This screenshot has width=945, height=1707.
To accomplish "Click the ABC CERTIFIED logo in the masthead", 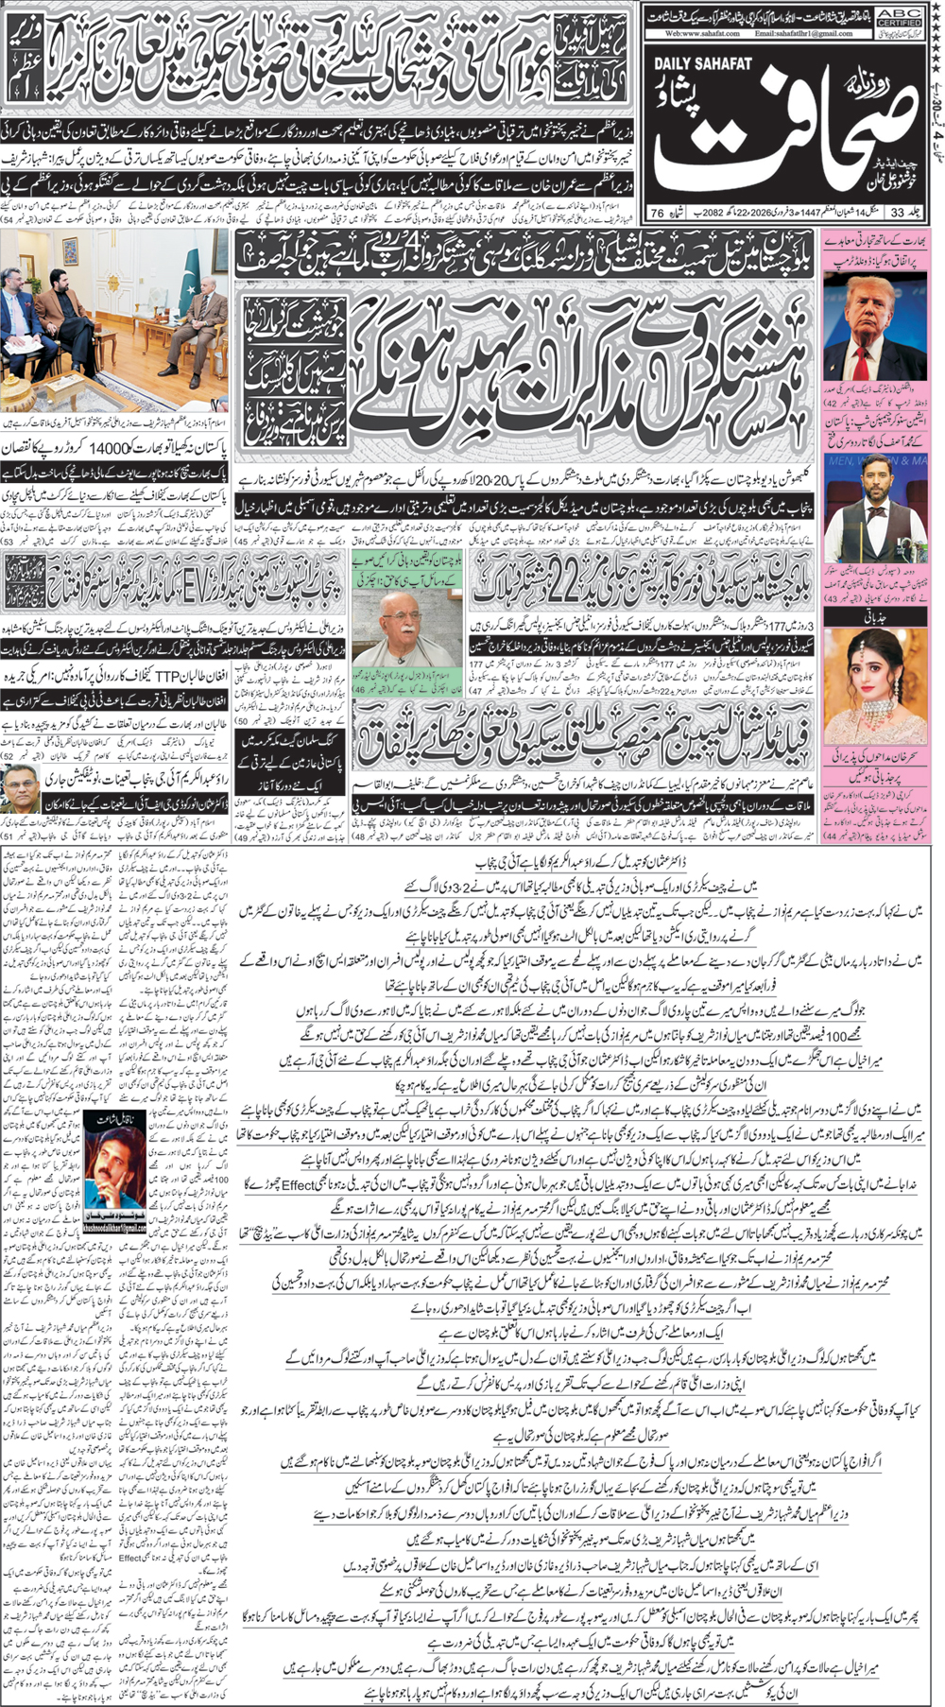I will tap(898, 16).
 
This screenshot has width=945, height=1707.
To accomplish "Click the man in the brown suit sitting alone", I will tap(205, 350).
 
